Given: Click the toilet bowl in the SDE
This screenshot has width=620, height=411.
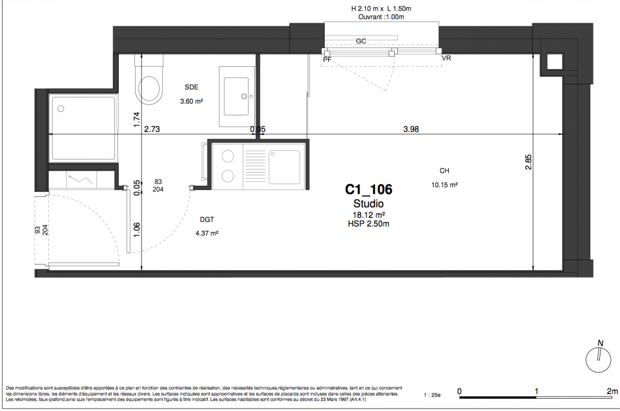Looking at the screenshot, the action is coord(149,88).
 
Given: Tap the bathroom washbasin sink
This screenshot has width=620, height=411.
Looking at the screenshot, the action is coord(236,96).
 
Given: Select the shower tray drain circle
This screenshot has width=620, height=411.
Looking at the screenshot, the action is coord(61,108).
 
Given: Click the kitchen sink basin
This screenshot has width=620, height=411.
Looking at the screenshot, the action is coord(284,167).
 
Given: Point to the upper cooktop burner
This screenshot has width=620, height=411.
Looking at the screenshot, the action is coord(228,156).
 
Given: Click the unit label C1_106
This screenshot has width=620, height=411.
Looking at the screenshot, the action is coord(368,190).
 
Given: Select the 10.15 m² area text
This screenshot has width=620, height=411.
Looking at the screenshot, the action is coord(444,185).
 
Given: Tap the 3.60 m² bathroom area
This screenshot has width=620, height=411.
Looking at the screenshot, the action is coord(191,101).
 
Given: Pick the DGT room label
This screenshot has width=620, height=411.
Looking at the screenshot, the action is coord(207,219).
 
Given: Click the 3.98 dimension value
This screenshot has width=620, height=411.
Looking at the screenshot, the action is coord(411,129).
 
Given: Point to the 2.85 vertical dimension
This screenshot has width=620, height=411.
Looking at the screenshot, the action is coord(528,162).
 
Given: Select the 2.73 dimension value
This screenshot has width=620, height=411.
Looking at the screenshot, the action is coord(152,129).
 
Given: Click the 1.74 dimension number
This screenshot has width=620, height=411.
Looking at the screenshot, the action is coord(137,120).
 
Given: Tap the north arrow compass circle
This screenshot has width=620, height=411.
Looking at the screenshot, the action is coord(598,360).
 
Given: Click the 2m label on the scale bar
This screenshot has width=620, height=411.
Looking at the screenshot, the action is coord(612,391).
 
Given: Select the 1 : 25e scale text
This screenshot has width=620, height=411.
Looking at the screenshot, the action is coord(432,395).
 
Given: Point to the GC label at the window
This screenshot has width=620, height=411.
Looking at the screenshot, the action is coord(361,41).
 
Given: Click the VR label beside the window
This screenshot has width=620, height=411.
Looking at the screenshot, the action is coord(446,58).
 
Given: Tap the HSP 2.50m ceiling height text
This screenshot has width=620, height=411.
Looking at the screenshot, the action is coord(368,223).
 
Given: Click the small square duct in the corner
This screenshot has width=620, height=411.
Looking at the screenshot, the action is coord(555,62).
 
